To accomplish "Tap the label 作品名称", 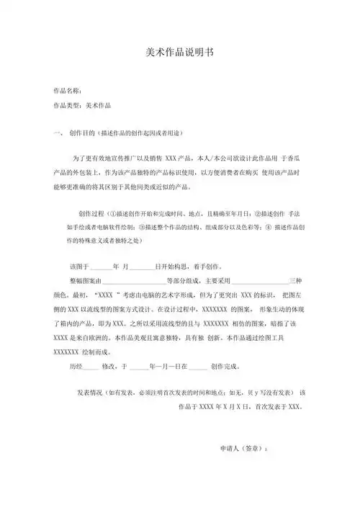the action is click(67, 91).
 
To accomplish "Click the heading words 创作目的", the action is click(84, 134).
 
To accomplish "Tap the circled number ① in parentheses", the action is click(112, 215).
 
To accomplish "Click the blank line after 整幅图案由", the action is click(135, 282).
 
